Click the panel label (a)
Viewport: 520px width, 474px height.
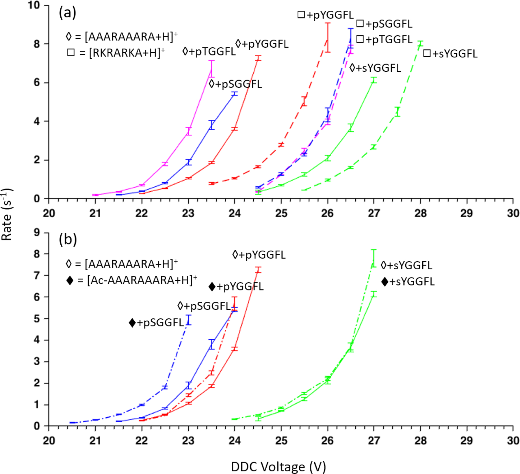tap(67, 13)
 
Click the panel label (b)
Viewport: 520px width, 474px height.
tap(68, 239)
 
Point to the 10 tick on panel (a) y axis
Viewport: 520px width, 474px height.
tap(34, 5)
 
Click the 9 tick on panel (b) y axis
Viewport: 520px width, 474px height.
tap(37, 232)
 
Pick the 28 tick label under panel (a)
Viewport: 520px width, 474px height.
tap(420, 213)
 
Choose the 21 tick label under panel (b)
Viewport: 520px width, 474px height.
tap(95, 440)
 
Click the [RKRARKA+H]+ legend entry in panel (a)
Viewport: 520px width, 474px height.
tap(116, 53)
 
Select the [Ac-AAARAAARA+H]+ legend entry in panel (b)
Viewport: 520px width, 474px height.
tap(131, 280)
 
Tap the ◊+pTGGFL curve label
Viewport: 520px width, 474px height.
tap(209, 51)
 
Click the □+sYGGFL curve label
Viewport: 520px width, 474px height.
tap(450, 53)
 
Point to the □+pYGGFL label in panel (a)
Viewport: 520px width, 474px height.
tap(325, 15)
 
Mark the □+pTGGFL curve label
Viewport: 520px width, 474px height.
tap(384, 39)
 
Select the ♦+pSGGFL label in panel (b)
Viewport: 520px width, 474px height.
tap(156, 322)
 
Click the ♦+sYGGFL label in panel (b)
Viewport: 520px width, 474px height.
tap(408, 282)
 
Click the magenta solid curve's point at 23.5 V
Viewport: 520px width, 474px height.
tap(211, 69)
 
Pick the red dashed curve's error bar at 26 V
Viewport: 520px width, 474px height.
tap(328, 38)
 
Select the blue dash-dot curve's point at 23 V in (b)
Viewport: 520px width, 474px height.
tap(189, 320)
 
